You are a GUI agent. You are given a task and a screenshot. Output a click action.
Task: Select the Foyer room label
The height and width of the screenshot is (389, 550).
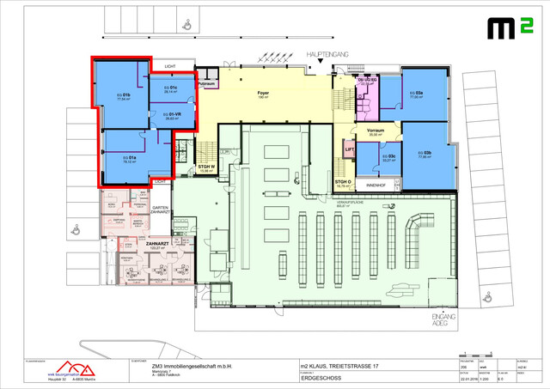264,94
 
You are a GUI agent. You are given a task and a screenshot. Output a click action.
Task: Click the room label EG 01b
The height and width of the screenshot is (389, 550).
124,96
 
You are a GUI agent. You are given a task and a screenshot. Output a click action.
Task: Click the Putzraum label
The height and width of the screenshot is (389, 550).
208,84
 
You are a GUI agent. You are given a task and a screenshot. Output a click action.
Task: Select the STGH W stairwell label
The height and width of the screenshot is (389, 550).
205,167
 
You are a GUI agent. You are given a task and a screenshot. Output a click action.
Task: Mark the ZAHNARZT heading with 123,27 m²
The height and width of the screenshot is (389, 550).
157,246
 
